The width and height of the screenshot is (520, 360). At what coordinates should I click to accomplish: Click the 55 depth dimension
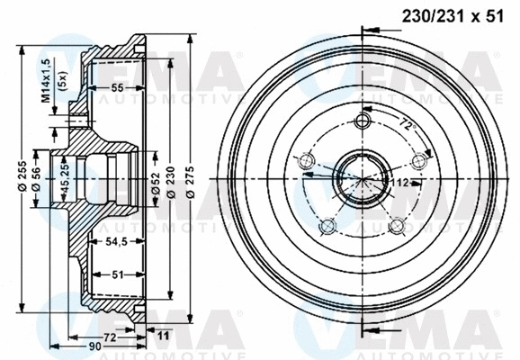click(x=117, y=87)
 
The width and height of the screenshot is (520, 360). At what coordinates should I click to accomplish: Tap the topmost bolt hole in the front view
click(x=363, y=121)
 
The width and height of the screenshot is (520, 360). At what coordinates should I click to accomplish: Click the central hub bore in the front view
click(x=363, y=178)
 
